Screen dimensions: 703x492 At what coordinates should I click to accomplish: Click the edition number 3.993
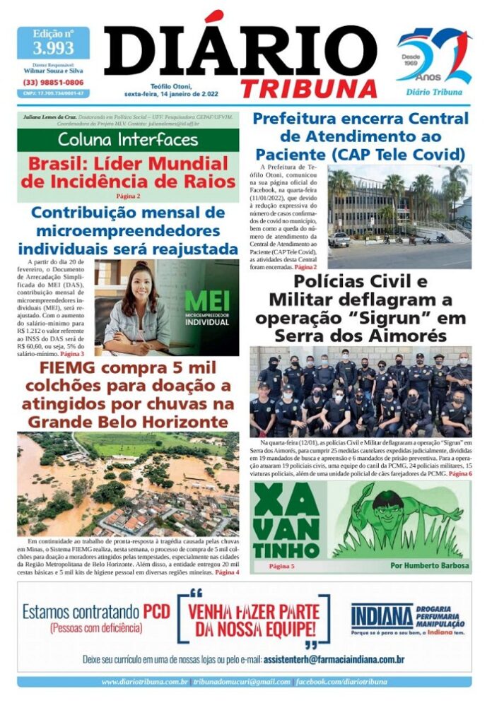[x=53, y=48]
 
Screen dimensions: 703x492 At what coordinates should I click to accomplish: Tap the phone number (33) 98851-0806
[x=53, y=82]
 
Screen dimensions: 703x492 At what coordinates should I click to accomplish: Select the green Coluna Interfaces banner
[x=128, y=138]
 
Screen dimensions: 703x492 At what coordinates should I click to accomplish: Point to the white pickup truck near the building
[x=339, y=240]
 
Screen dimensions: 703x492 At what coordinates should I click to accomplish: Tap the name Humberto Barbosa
[x=429, y=566]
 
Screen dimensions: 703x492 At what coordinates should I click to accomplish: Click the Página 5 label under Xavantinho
[x=281, y=566]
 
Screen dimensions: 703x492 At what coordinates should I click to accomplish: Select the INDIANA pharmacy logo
[x=382, y=615]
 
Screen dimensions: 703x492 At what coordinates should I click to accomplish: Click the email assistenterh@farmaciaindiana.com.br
[x=333, y=660]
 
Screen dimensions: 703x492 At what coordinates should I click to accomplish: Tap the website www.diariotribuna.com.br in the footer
[x=144, y=682]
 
